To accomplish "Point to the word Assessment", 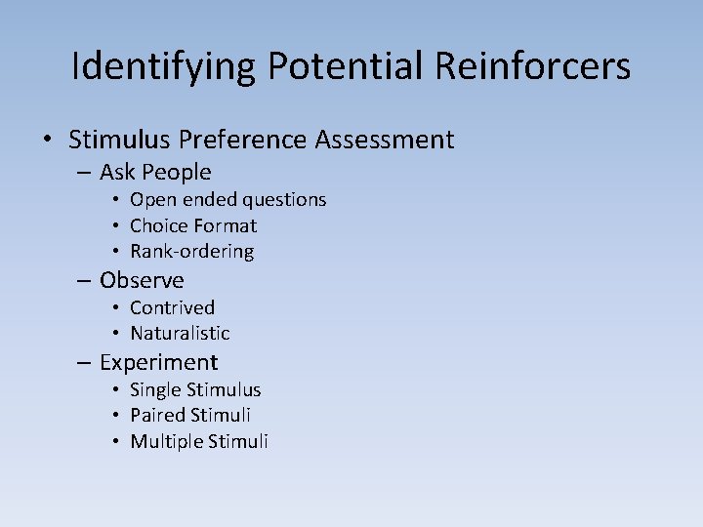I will coord(385,140).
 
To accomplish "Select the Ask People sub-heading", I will coord(155,173).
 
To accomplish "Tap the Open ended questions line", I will coord(227,199).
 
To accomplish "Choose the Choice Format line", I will coord(193,225).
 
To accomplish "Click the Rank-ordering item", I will coord(191,251).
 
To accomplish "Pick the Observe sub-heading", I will coord(142,280).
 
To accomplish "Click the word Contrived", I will coord(172,307).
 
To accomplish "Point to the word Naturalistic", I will coord(180,333).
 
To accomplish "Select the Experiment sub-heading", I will coord(158,362).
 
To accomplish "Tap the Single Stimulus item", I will coord(195,389).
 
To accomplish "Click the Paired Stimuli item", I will coord(190,415).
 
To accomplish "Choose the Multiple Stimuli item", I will coord(198,441).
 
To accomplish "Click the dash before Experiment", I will coord(85,363).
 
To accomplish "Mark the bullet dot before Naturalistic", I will coord(115,334).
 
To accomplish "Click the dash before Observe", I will coord(85,281).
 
